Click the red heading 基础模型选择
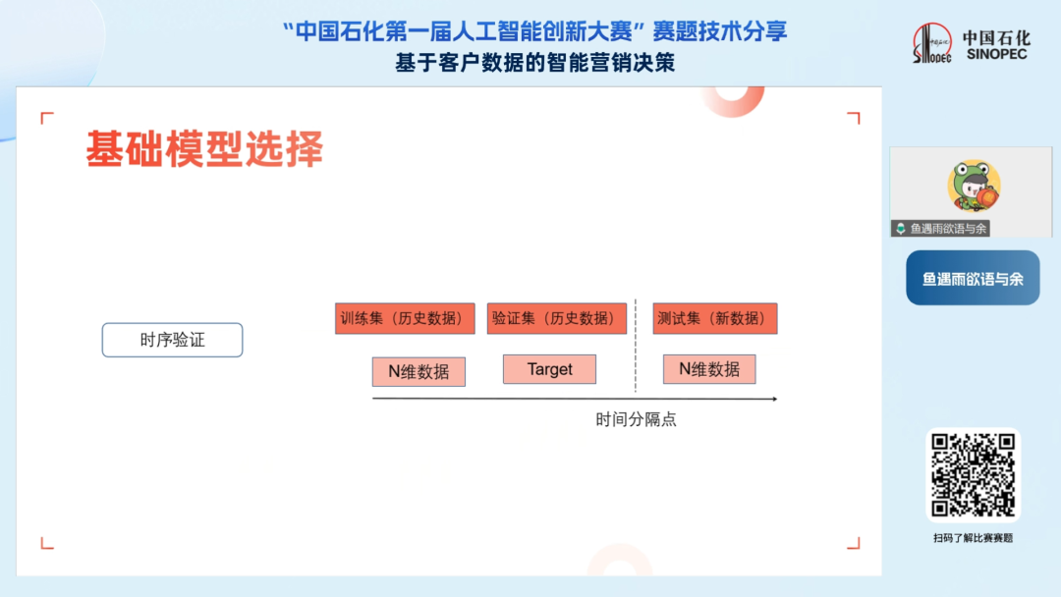pos(204,148)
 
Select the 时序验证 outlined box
pos(173,340)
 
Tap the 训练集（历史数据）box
pos(405,318)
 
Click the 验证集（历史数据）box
pos(557,318)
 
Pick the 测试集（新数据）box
pos(714,318)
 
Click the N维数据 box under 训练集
pos(419,372)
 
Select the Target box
pos(549,369)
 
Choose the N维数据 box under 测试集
pos(709,369)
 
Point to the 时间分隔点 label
pos(636,420)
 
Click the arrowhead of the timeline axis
pos(775,399)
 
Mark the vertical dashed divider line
pos(636,345)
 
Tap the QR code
pos(973,475)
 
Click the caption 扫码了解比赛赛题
pos(973,538)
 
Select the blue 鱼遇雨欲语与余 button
pos(973,278)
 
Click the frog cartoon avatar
pos(974,186)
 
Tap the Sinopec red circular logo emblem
pos(931,43)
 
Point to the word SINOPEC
pos(997,54)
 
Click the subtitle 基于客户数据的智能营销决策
pos(535,63)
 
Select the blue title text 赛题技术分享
pos(719,31)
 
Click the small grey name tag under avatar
pos(940,229)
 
